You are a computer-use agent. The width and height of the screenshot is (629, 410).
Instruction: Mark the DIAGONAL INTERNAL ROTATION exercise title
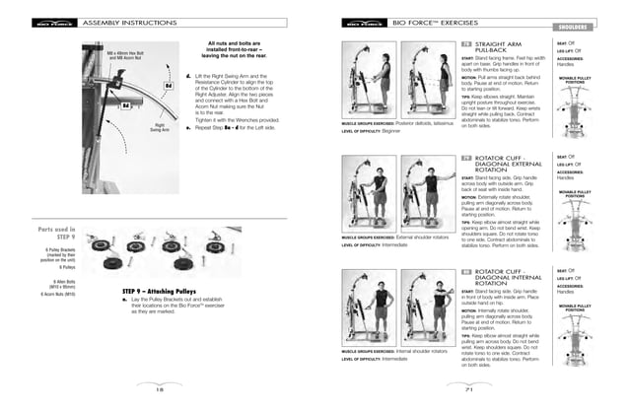coord(508,277)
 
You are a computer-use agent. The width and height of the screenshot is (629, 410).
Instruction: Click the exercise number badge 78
coord(466,45)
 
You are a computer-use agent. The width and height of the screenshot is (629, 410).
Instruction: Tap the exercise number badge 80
coord(466,270)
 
